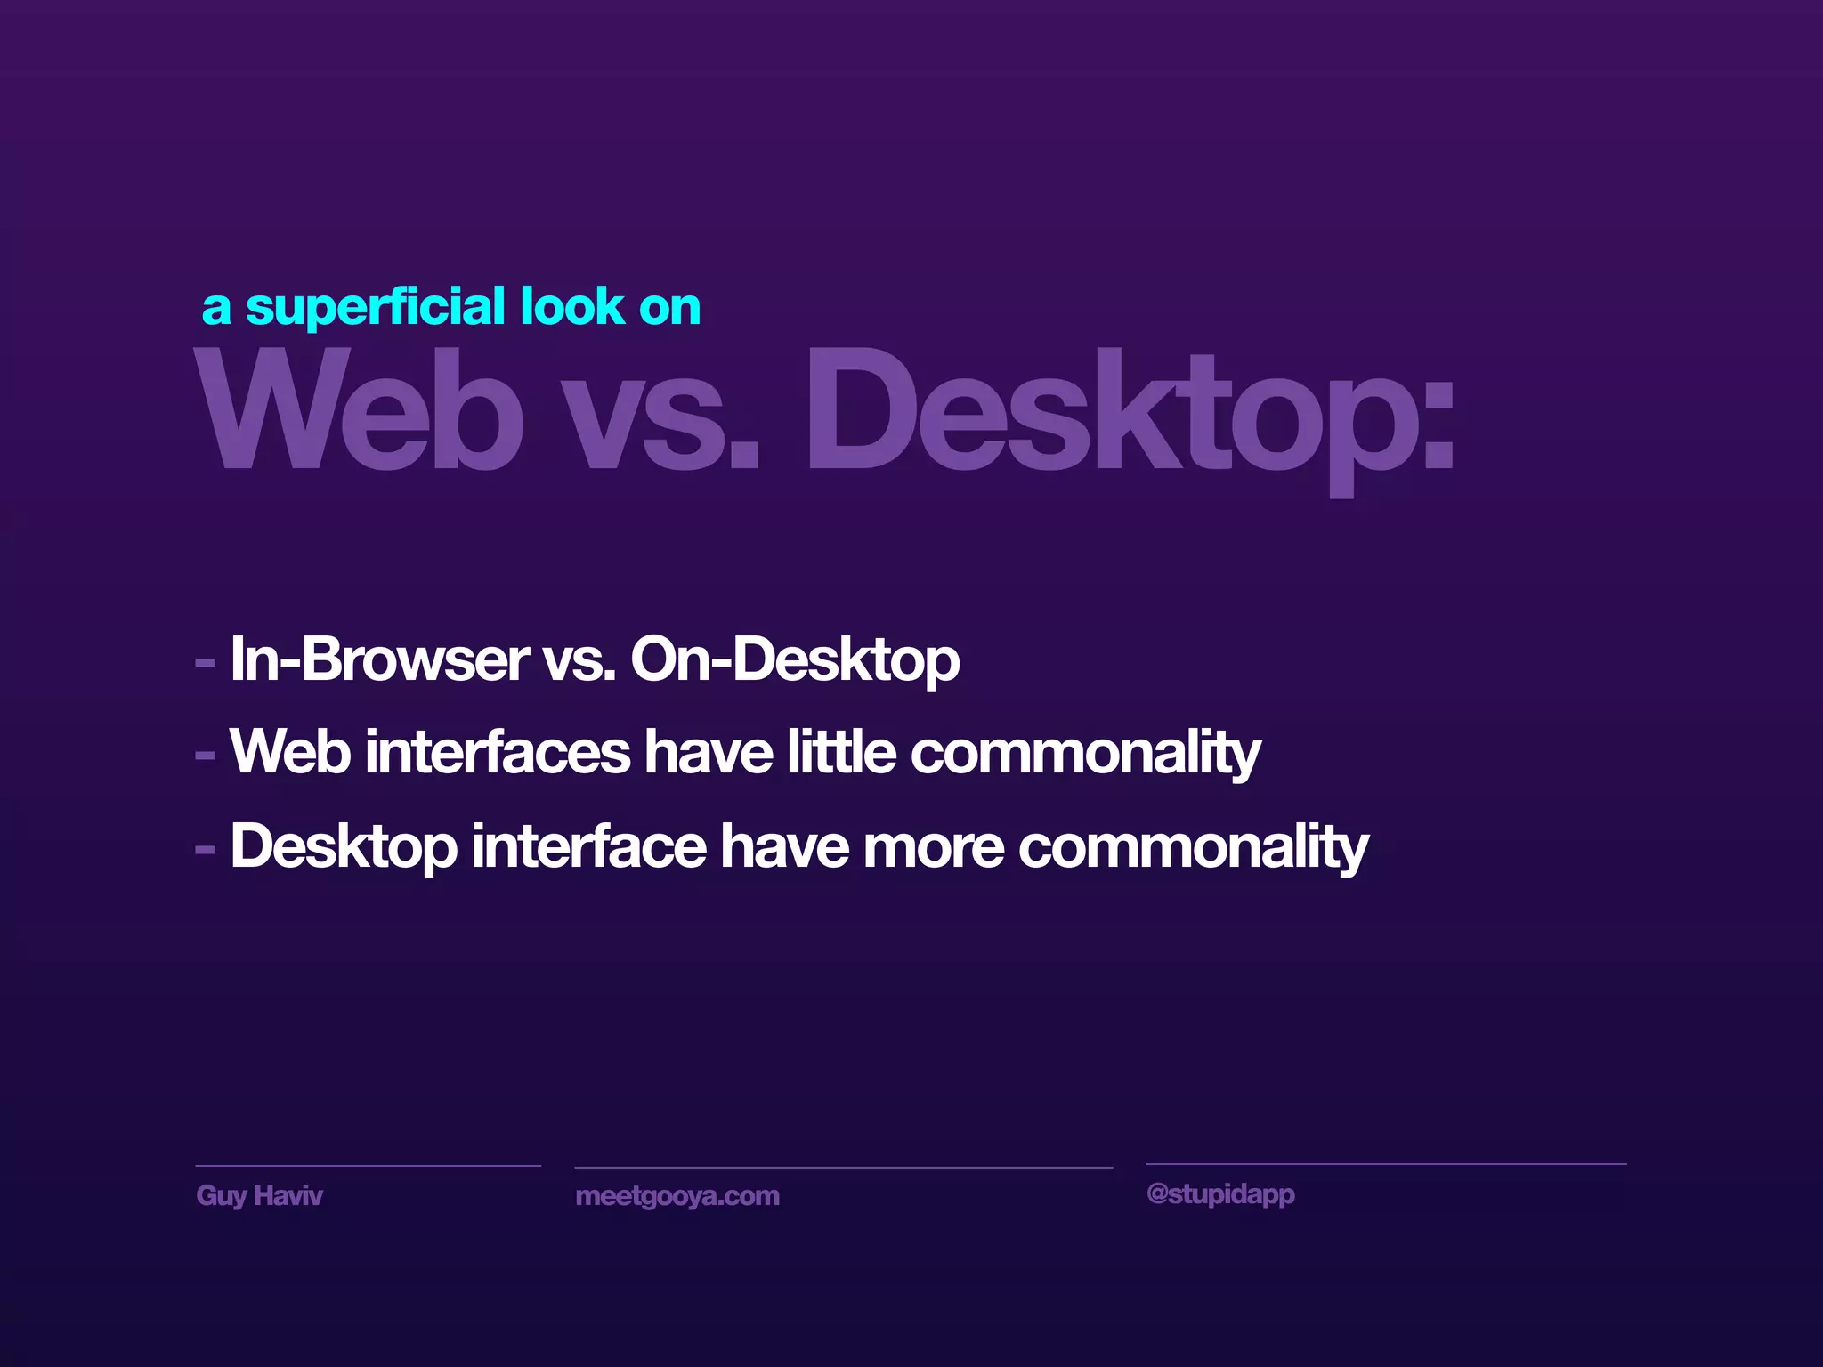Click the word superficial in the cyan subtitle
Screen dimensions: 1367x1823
click(x=377, y=308)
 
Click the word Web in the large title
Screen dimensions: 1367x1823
click(x=358, y=411)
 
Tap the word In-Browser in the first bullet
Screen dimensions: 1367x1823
click(x=379, y=659)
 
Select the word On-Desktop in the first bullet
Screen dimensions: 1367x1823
click(x=795, y=661)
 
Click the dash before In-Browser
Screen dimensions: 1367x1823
click(x=205, y=663)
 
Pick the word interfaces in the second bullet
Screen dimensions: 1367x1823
click(x=498, y=753)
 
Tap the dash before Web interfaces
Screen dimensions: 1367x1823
click(x=205, y=756)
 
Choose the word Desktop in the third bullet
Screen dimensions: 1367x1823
click(x=344, y=847)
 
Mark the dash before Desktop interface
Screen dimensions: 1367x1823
click(x=205, y=851)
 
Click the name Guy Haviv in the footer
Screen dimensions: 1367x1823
click(x=259, y=1195)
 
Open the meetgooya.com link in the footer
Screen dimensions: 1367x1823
click(x=677, y=1196)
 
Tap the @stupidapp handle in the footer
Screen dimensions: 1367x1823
click(x=1220, y=1193)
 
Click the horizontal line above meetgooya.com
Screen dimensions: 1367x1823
click(x=843, y=1167)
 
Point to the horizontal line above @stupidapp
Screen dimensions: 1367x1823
click(x=1385, y=1163)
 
